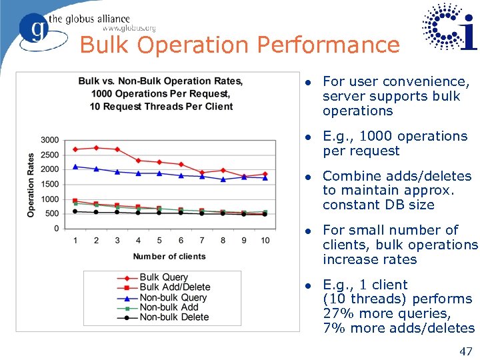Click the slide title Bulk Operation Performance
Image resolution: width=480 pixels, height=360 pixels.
[x=239, y=45]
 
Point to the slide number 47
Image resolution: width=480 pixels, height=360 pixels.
[x=466, y=351]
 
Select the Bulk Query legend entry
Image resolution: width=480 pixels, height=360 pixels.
[x=164, y=277]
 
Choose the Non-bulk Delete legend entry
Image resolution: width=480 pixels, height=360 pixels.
[x=174, y=317]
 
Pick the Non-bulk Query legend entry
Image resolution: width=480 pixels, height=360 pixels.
[x=173, y=297]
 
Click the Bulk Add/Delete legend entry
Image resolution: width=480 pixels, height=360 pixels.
[x=175, y=287]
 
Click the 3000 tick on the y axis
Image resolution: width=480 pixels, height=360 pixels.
[x=49, y=140]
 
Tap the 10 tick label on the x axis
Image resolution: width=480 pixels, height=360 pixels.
[x=265, y=240]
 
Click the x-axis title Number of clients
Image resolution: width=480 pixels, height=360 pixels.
[x=169, y=257]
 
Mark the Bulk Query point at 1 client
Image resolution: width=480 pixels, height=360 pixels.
[x=75, y=149]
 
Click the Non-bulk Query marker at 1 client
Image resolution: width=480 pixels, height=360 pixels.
[x=75, y=167]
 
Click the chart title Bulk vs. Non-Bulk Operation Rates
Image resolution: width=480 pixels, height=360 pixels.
[x=161, y=81]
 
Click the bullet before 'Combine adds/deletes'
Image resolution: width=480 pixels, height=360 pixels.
[x=307, y=177]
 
